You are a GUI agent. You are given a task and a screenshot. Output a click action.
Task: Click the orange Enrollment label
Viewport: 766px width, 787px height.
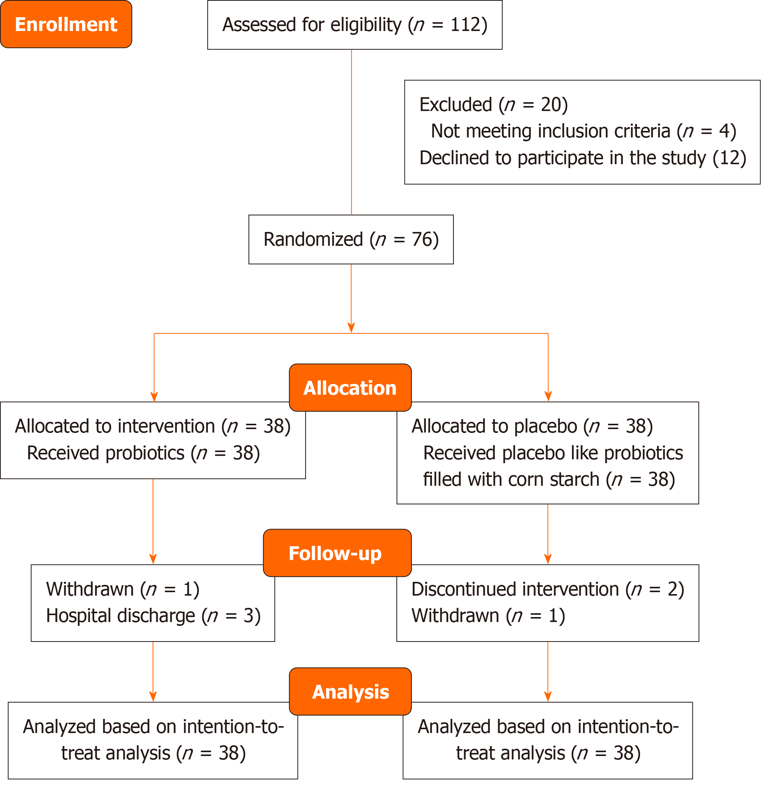(x=66, y=24)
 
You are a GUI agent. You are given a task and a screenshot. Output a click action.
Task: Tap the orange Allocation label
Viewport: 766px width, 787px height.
(x=350, y=388)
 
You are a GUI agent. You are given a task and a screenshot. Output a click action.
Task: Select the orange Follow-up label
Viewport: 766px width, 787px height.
(x=337, y=553)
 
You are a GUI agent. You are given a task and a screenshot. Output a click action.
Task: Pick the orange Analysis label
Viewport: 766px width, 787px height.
(x=350, y=692)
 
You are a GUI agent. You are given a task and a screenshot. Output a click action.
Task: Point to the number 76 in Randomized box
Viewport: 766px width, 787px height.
(x=422, y=240)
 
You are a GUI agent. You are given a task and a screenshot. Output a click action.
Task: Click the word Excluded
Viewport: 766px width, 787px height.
(x=456, y=105)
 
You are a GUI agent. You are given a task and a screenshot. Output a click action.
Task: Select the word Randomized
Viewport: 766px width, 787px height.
(x=313, y=240)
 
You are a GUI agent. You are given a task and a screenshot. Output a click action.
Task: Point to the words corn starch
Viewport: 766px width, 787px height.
(x=553, y=480)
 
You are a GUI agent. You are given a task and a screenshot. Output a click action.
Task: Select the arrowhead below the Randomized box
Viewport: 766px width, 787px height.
(x=351, y=327)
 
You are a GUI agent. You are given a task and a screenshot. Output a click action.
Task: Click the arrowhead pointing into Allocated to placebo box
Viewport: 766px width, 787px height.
(x=548, y=396)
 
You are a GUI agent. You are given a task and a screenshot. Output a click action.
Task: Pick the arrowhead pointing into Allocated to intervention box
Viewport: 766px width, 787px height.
(x=154, y=396)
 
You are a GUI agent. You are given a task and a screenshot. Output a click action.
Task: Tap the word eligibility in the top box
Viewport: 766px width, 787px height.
(x=366, y=25)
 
